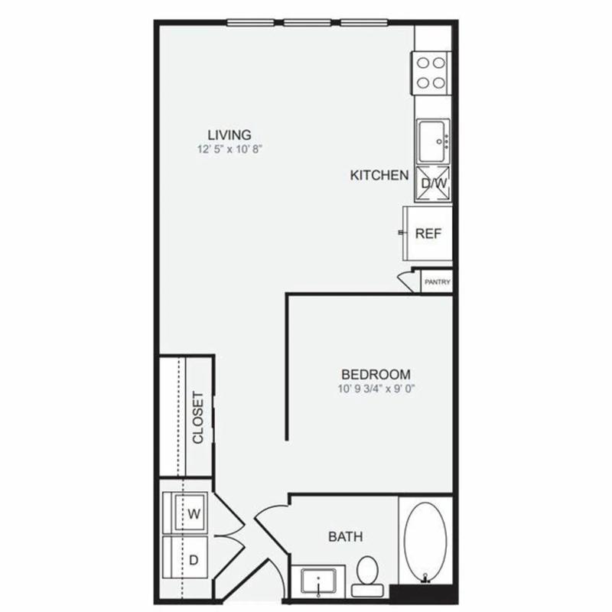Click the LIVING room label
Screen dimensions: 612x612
229,135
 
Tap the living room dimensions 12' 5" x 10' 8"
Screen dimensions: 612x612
229,149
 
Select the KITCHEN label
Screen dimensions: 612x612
379,175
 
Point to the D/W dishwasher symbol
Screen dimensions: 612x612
433,184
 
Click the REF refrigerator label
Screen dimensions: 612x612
428,234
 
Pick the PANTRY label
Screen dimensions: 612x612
437,282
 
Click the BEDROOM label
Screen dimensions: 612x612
376,375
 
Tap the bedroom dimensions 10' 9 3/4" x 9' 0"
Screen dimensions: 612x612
376,389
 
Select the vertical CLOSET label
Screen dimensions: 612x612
198,417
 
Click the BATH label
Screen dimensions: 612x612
346,537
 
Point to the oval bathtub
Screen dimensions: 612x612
425,541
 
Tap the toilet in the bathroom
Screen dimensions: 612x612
367,576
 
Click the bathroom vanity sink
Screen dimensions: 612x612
318,582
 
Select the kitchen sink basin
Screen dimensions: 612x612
432,142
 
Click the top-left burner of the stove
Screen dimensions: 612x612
423,63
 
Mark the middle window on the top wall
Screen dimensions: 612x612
308,23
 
